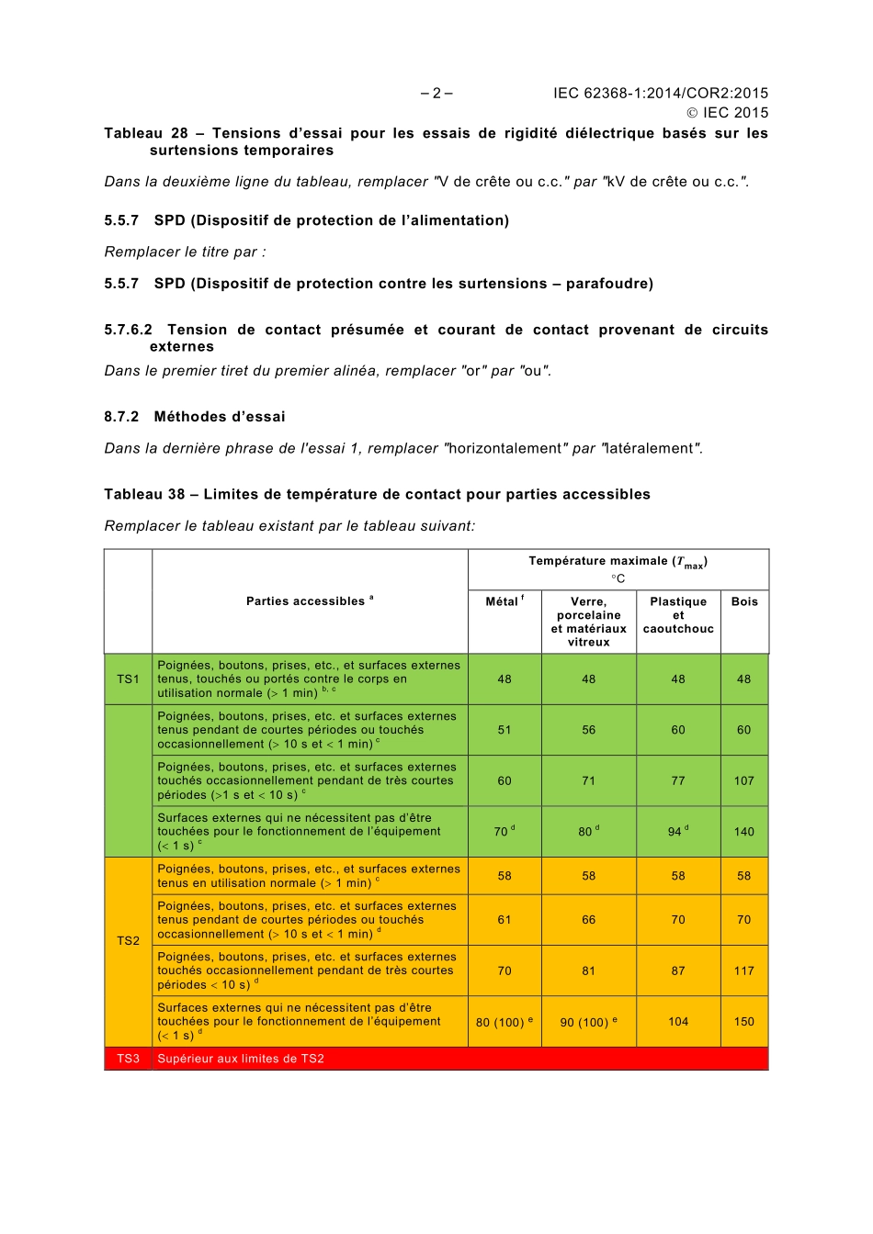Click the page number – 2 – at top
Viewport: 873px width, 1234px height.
tap(436, 93)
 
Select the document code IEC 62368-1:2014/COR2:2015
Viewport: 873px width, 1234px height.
tap(660, 93)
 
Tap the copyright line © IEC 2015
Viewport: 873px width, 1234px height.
tap(727, 113)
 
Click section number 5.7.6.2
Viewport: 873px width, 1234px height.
tap(129, 330)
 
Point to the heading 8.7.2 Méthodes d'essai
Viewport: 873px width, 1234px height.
tap(195, 417)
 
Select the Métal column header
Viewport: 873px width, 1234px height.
tap(505, 602)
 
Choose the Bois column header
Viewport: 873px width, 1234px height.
tap(744, 602)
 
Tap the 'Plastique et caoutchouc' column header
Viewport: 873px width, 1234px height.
tap(678, 615)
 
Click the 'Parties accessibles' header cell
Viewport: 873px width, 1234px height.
tap(310, 601)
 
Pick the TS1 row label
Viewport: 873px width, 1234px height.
tap(128, 679)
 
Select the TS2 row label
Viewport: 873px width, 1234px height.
tap(128, 941)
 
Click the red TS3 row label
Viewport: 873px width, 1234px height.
tap(128, 1059)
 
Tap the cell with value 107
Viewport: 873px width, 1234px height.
tap(744, 781)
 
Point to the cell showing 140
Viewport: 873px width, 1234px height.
tap(744, 832)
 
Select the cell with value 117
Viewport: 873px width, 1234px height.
tap(744, 970)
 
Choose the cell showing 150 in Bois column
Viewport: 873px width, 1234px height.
tap(744, 1022)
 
